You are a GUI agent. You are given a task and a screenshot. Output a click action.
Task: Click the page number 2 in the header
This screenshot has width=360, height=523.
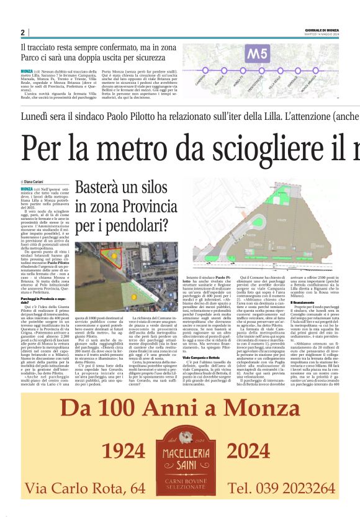[22, 33]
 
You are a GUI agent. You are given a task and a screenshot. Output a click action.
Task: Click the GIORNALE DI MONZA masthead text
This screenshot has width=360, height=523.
[321, 30]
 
